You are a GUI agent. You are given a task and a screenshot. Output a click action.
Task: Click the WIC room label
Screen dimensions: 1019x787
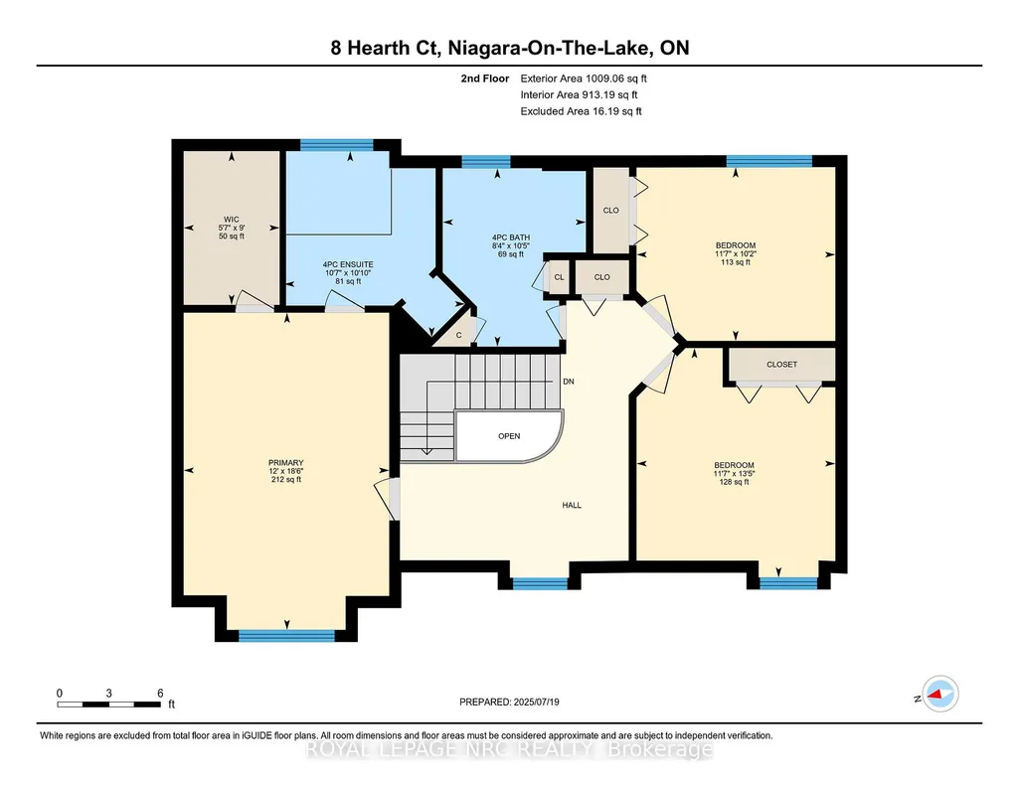232,220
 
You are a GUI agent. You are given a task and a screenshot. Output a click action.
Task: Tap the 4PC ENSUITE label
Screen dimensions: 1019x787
348,265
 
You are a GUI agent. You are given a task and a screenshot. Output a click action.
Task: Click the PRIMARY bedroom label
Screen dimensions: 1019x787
286,463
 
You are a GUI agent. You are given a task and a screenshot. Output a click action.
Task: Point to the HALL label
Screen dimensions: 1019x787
572,505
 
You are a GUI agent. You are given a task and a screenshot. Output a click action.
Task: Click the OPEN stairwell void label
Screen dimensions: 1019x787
509,436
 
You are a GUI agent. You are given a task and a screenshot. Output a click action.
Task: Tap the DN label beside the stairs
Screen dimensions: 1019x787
569,382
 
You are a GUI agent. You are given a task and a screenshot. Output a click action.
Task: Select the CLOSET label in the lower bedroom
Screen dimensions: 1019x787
781,365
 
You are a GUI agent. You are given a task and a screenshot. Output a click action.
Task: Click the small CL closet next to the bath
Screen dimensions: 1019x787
559,277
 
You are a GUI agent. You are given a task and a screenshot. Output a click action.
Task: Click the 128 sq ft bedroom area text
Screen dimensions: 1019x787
735,482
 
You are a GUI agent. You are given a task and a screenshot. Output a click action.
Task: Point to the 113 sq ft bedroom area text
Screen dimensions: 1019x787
736,262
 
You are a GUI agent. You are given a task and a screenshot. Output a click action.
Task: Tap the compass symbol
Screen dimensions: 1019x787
940,694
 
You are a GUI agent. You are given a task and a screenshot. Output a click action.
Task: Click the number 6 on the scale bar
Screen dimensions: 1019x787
160,694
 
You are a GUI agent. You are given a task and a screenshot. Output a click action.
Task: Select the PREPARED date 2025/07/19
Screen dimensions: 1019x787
536,702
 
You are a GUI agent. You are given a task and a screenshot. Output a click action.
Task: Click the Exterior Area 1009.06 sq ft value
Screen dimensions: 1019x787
584,79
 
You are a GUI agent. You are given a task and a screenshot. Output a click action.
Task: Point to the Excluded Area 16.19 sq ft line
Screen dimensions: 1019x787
581,111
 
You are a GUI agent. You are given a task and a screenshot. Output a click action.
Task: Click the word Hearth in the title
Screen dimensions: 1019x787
385,48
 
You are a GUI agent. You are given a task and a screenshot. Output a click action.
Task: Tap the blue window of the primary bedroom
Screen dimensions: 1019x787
286,636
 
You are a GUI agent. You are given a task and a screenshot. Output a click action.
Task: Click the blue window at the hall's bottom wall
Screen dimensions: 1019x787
540,583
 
